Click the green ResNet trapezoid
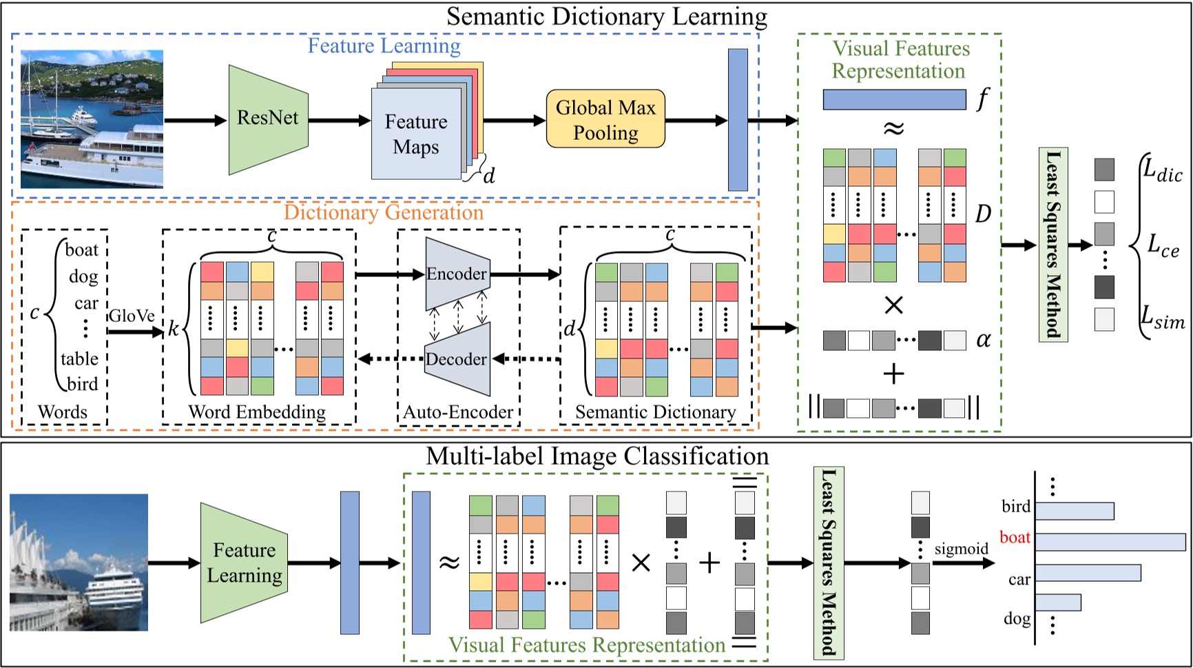tap(268, 119)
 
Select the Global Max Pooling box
tap(605, 119)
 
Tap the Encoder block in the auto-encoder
tap(457, 274)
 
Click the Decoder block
tap(457, 359)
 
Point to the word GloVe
tap(132, 316)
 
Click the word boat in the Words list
tap(81, 250)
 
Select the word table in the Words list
tap(79, 358)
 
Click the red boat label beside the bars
tap(1015, 538)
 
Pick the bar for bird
tap(1074, 511)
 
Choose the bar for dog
tap(1058, 602)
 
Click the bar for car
tap(1088, 572)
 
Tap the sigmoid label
tap(961, 549)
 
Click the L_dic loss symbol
tap(1162, 169)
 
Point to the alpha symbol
tap(984, 339)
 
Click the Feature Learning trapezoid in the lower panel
tap(244, 563)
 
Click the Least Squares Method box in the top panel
tap(1052, 244)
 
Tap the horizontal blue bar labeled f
tap(894, 100)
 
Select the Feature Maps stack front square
tap(416, 134)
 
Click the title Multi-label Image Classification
tap(597, 456)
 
